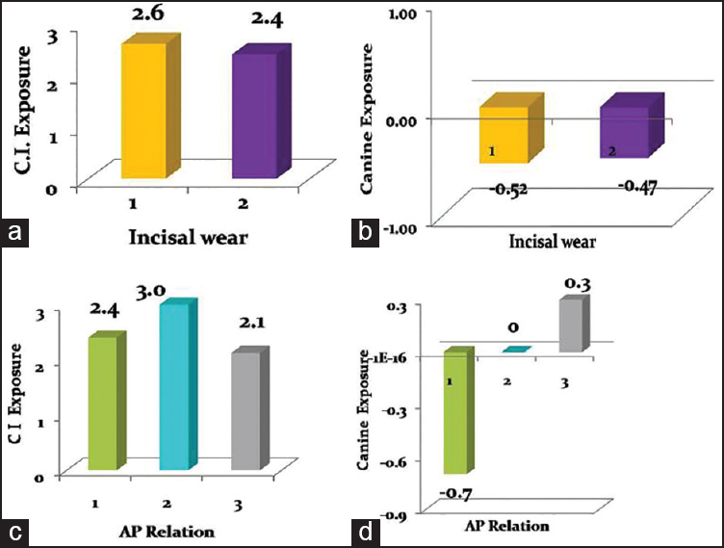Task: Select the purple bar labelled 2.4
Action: (253, 116)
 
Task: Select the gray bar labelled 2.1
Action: (246, 410)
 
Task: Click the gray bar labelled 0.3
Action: (570, 325)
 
